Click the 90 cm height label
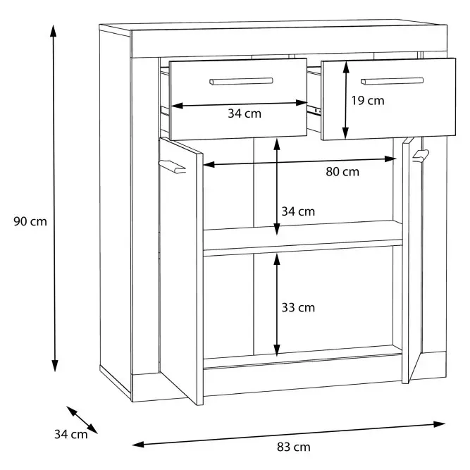30,221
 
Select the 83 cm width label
293,447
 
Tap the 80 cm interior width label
342,172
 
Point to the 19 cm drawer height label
368,101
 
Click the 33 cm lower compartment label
298,307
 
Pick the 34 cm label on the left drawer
245,113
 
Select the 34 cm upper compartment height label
298,211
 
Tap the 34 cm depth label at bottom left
71,434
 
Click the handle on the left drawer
241,82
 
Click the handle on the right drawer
392,81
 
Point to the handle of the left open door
173,167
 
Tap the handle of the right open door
421,156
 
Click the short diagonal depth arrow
82,420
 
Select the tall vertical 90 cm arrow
54,199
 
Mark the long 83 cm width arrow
288,434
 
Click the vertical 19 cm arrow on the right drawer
346,101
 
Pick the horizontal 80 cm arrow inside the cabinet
299,161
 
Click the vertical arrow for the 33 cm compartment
277,304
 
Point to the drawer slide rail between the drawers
314,109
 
